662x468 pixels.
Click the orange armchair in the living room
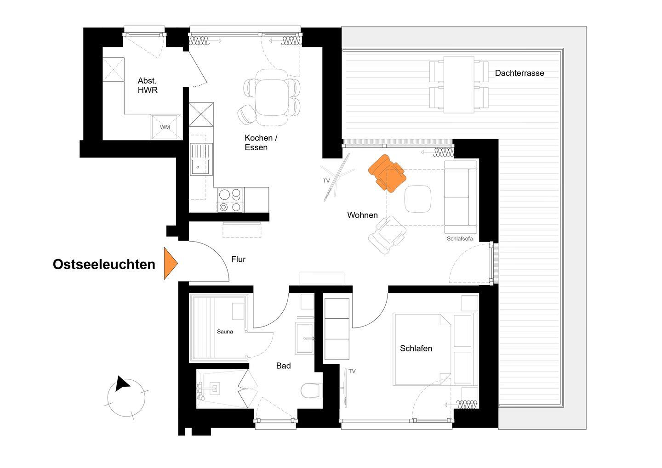387,174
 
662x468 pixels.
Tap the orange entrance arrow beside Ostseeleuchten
171,263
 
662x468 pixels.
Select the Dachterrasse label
519,73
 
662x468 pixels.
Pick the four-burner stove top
230,200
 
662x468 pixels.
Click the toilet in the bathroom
311,390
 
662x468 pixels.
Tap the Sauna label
225,332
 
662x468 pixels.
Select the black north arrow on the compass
121,383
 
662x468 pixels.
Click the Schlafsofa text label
460,238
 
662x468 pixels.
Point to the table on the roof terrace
459,85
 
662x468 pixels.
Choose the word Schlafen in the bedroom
416,349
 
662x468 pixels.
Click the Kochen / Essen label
261,143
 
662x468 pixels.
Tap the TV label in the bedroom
352,371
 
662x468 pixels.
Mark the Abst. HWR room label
148,85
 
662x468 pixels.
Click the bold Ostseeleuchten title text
104,264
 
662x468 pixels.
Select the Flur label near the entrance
238,259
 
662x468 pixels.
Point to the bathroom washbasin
304,338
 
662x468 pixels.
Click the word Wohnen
362,215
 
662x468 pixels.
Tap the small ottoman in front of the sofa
417,198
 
